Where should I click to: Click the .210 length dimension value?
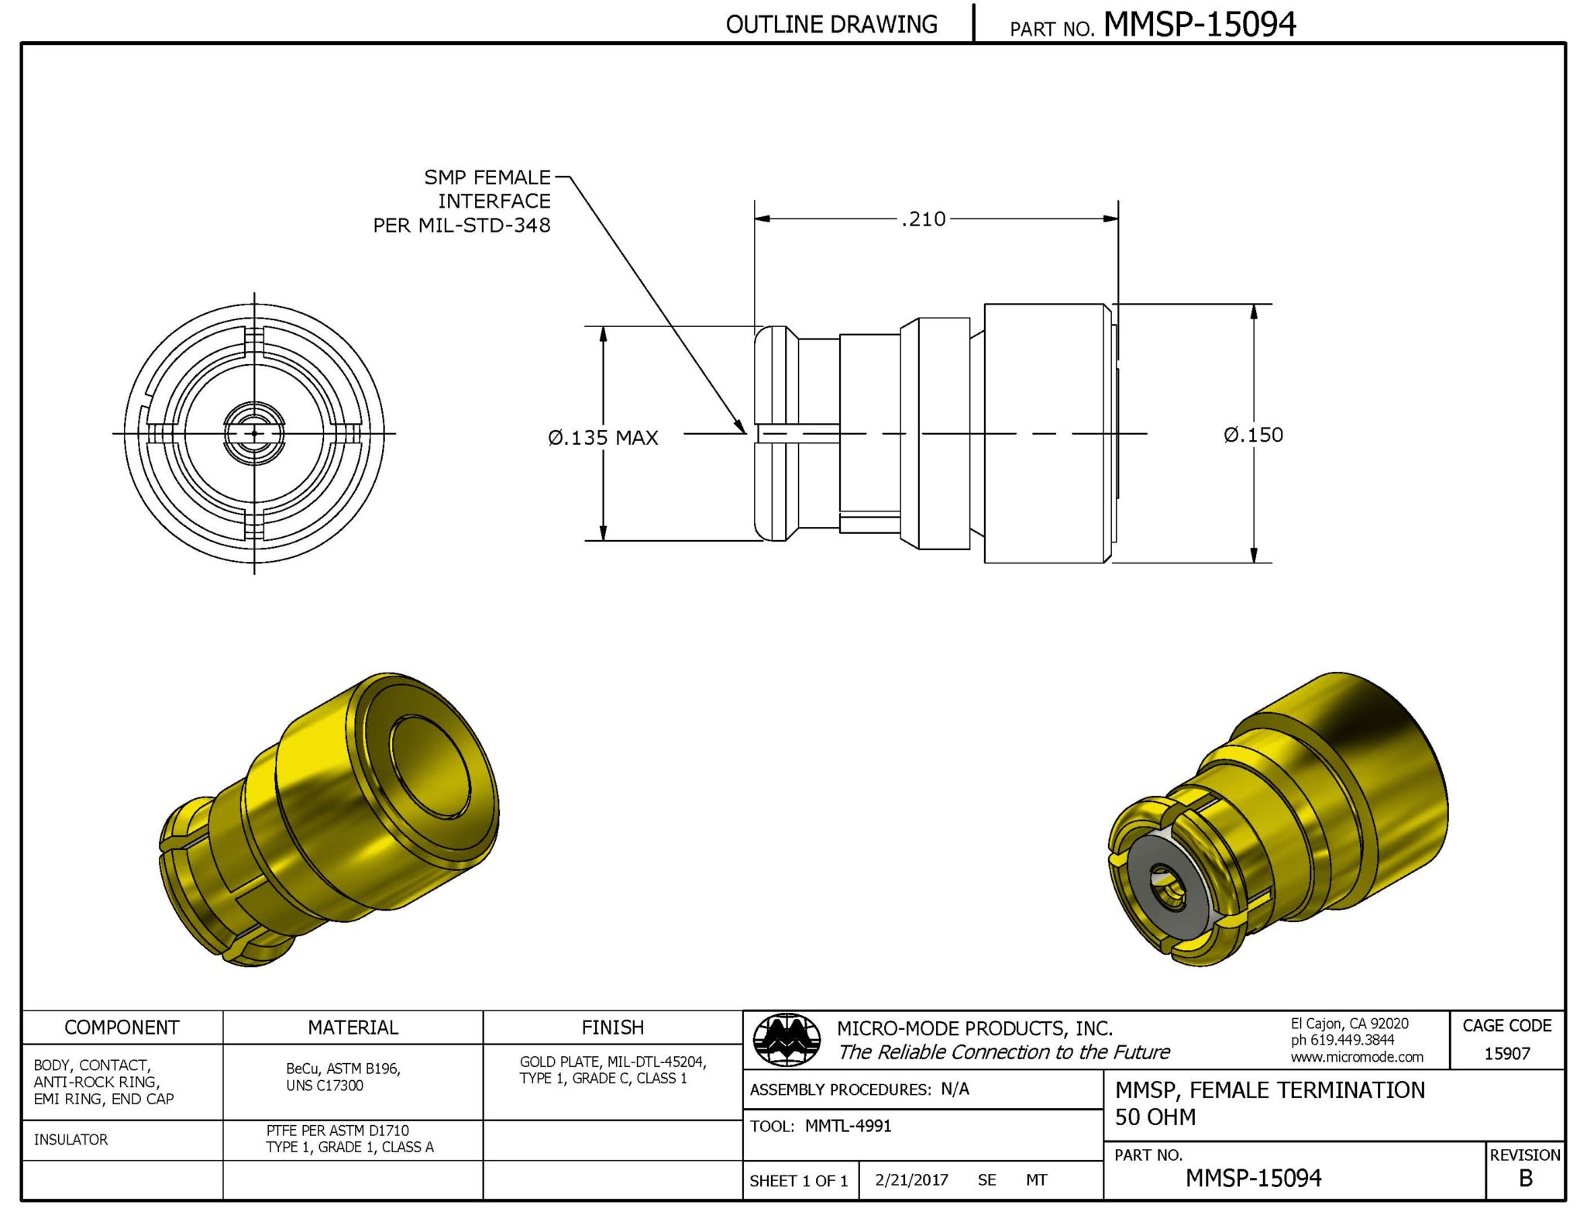[x=924, y=219]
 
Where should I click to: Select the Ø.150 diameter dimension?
[x=1253, y=435]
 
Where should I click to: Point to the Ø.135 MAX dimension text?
[x=603, y=438]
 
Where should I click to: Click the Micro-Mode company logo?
[x=787, y=1039]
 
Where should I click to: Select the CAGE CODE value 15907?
[x=1506, y=1053]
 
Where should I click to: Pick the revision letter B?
[x=1525, y=1178]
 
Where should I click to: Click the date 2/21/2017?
[x=911, y=1179]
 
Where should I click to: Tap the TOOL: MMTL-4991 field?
[x=821, y=1126]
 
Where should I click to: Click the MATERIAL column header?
[x=353, y=1028]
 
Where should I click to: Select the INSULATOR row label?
[x=71, y=1139]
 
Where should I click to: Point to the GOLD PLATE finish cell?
[x=612, y=1069]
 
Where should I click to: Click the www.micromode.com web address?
[x=1357, y=1057]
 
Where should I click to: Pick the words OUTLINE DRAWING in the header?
[x=831, y=25]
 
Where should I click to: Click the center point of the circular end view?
[x=254, y=434]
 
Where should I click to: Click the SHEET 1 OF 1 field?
[x=798, y=1180]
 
